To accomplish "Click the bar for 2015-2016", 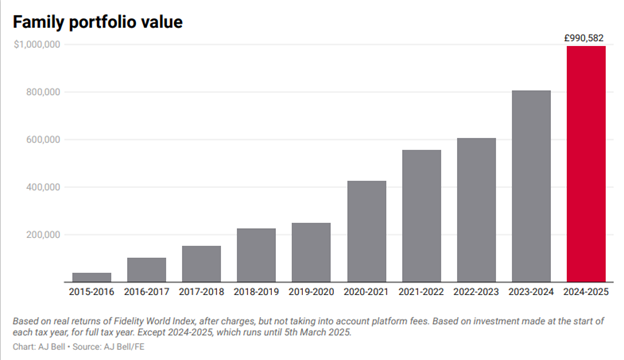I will tap(91, 277).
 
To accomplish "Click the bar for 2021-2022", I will tap(422, 216).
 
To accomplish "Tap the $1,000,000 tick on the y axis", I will tap(38, 45).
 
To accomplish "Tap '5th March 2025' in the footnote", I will tap(315, 332).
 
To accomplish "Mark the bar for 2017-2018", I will tap(201, 264).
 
